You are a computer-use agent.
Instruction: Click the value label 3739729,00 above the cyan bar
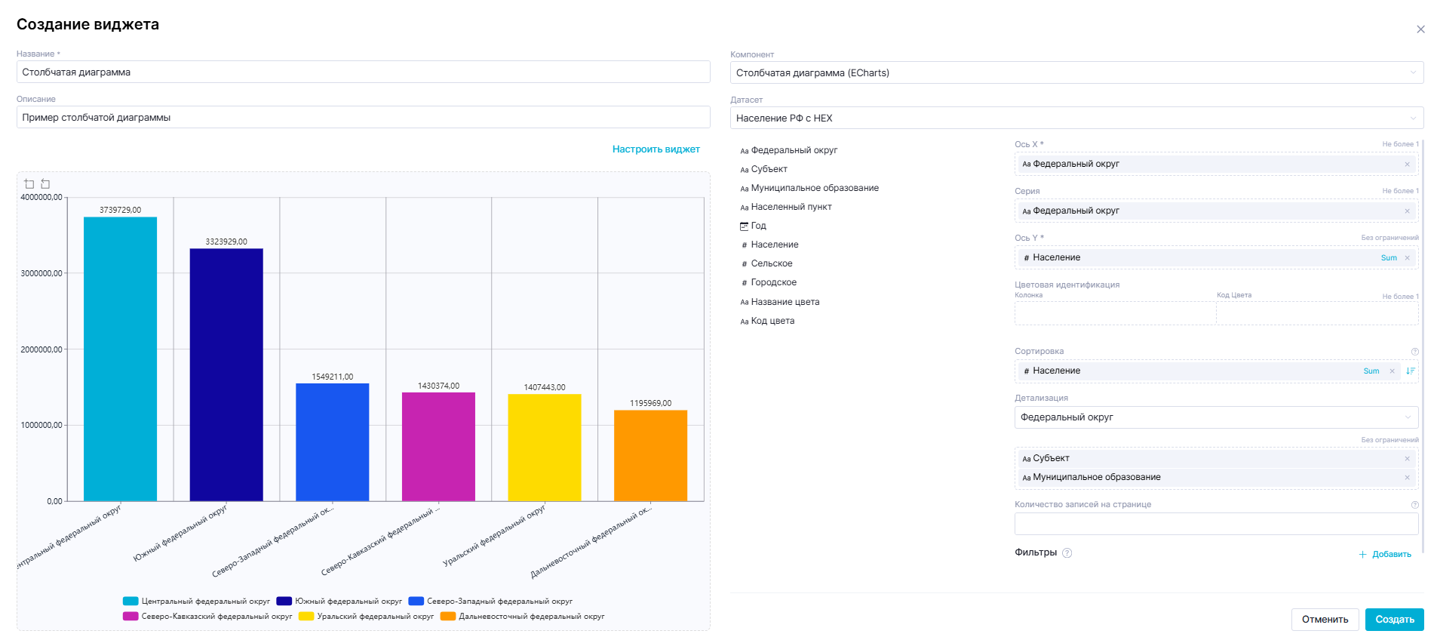tap(120, 210)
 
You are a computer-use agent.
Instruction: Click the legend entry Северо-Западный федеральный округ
tap(499, 602)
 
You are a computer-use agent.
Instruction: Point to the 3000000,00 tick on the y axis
tap(41, 273)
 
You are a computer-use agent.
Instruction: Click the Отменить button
tap(1325, 620)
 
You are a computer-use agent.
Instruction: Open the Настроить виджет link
tap(656, 149)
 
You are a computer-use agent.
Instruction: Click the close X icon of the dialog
tap(1420, 29)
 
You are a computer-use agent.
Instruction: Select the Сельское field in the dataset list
tap(771, 263)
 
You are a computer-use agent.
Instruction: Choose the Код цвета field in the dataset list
tap(772, 321)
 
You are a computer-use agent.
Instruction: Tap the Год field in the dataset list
tap(758, 226)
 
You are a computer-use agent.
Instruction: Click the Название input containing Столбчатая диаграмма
tap(363, 72)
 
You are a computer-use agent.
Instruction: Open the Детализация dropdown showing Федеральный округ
tap(1215, 417)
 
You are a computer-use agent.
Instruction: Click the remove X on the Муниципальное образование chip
tap(1407, 477)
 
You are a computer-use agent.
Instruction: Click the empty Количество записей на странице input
tap(1215, 524)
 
